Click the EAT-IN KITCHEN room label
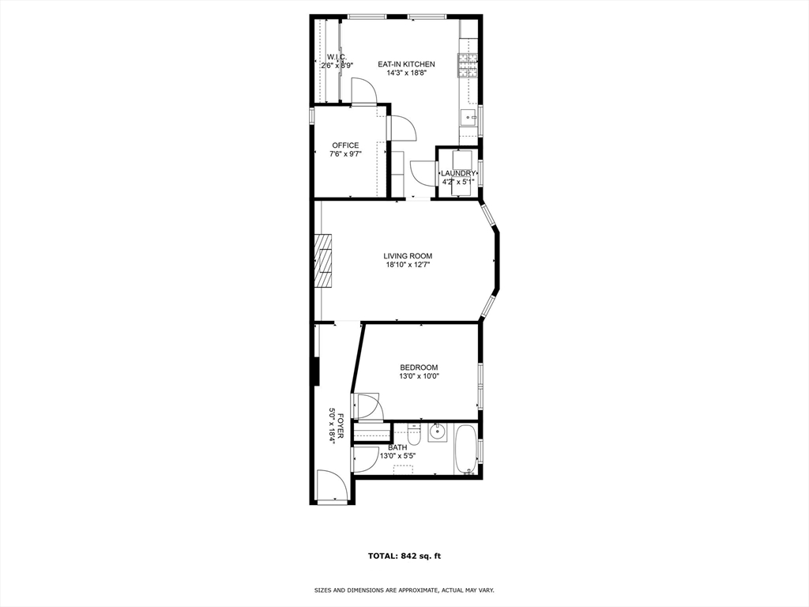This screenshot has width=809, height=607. click(406, 64)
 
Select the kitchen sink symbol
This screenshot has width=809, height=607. click(468, 119)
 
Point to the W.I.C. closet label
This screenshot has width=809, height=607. click(337, 57)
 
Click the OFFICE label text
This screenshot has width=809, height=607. click(345, 145)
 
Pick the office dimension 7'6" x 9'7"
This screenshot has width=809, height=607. click(345, 155)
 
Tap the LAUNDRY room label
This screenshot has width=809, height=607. click(458, 173)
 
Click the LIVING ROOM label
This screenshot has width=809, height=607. click(408, 256)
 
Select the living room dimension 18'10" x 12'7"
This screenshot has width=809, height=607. click(408, 266)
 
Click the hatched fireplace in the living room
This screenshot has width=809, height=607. click(324, 262)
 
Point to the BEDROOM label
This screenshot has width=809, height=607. click(419, 368)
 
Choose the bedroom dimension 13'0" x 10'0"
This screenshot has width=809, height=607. click(419, 377)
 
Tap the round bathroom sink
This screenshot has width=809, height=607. click(437, 433)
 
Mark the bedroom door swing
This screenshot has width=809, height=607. click(368, 407)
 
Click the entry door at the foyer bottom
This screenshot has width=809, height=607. click(332, 486)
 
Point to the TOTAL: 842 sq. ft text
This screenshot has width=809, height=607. click(404, 556)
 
